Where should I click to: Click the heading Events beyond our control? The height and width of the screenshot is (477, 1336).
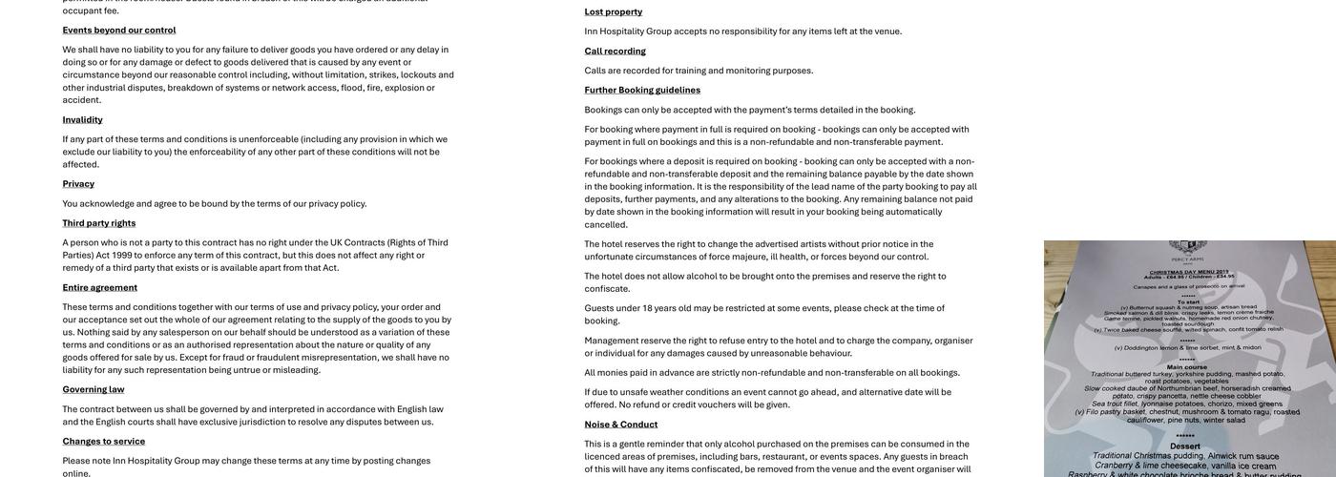(119, 30)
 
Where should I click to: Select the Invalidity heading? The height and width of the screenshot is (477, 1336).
(83, 119)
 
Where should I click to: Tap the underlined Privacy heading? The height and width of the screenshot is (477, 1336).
(78, 183)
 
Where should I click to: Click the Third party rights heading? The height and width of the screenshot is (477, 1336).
(99, 222)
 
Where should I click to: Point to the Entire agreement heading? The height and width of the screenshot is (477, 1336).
(100, 287)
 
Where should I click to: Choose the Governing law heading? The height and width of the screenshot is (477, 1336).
(94, 389)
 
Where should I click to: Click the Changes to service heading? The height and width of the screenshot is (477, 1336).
(104, 441)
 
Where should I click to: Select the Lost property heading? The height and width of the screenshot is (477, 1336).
(614, 11)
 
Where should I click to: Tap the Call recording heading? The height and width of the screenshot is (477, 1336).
(616, 51)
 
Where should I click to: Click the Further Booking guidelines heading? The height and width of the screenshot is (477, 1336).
(642, 90)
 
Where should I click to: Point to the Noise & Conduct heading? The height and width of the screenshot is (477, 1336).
(621, 424)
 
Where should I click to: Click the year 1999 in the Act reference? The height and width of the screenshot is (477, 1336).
(122, 255)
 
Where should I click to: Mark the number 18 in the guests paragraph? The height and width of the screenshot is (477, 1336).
(648, 308)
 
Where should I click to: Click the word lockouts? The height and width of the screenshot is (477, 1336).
(419, 74)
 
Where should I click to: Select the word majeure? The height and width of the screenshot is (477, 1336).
(750, 257)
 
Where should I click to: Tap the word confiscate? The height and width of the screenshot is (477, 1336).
(608, 289)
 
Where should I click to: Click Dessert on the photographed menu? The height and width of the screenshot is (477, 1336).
(1185, 446)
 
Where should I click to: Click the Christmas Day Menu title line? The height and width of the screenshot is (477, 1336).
(1185, 272)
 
